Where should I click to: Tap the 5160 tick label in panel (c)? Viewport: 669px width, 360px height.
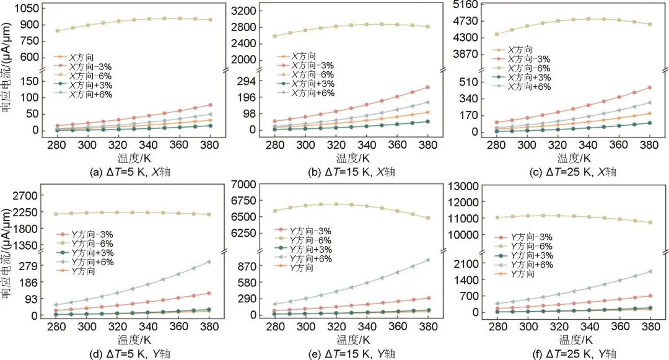pyautogui.click(x=469, y=5)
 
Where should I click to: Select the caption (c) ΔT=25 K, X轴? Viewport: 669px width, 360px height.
pyautogui.click(x=573, y=172)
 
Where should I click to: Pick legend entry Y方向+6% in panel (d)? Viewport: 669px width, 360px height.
pyautogui.click(x=92, y=262)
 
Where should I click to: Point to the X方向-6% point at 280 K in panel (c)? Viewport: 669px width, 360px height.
pyautogui.click(x=496, y=34)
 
